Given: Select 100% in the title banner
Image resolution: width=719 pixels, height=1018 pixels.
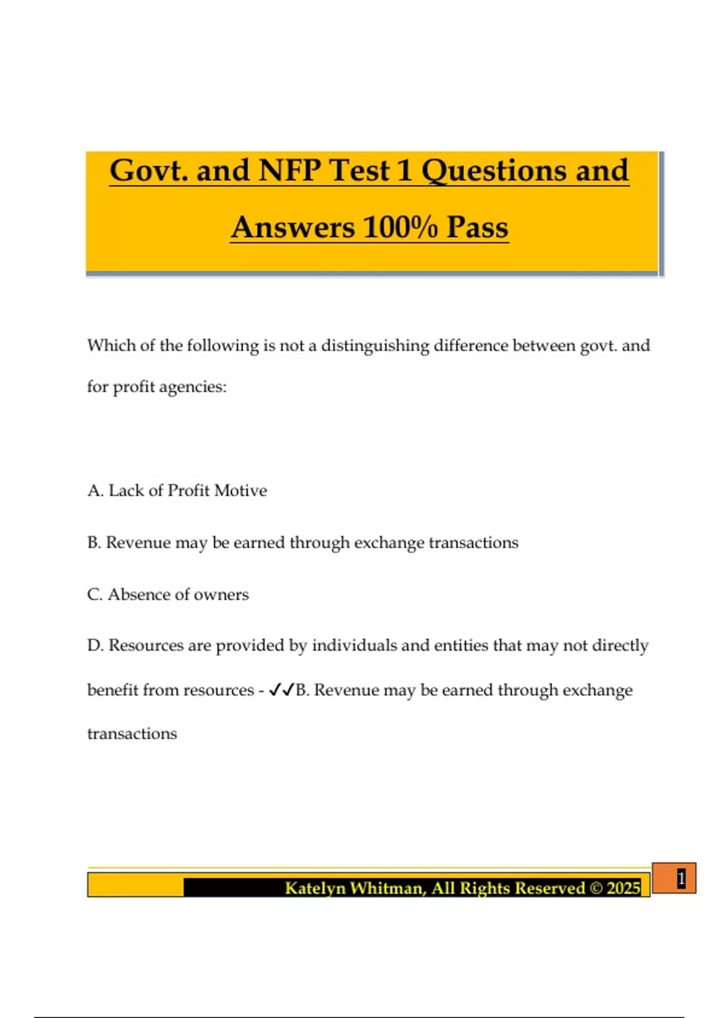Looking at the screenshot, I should tap(400, 228).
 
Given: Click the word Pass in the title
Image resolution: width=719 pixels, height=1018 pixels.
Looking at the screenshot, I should tap(477, 228).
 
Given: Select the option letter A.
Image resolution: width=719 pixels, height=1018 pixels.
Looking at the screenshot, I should tap(95, 490).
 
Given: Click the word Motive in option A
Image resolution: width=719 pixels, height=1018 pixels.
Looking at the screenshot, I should tap(240, 490).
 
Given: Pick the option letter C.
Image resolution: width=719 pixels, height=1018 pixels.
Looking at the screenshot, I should tap(95, 595).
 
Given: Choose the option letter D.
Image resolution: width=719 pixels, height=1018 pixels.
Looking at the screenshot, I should tap(95, 646).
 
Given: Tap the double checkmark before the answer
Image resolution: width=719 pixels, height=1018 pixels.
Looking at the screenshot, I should tap(281, 690).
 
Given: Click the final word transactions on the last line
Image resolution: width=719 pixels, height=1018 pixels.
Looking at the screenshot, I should tap(132, 734).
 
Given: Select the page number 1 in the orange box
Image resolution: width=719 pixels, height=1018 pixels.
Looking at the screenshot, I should tap(681, 878).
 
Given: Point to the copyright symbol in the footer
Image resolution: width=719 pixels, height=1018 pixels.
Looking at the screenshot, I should tap(596, 887).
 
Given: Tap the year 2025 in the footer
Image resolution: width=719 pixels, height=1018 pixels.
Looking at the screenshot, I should tap(623, 887).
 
